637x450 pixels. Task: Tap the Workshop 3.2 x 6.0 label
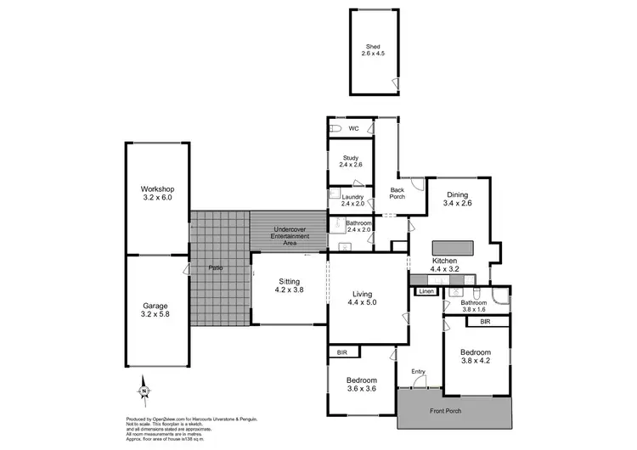coord(157,193)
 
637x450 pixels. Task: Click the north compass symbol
coord(144,391)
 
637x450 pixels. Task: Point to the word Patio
coord(216,268)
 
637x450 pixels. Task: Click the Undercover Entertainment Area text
coord(290,236)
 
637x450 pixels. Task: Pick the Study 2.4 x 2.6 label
coord(352,161)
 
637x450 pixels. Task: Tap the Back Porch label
coord(396,193)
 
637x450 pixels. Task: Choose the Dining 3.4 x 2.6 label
coord(457,200)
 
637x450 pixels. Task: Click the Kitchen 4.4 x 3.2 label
coord(445,264)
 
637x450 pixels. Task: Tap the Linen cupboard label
coord(426,291)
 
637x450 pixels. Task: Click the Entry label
coord(418,372)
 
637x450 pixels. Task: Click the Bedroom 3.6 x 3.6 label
coord(360,385)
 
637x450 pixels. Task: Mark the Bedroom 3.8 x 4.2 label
coord(476,357)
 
